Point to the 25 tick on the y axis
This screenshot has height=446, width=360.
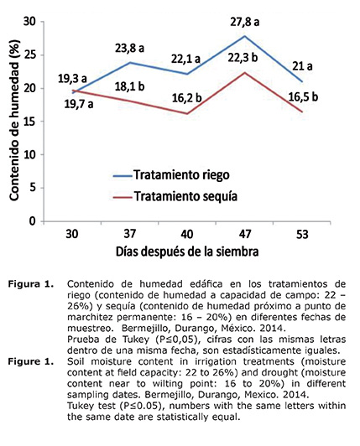[x=32, y=54]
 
